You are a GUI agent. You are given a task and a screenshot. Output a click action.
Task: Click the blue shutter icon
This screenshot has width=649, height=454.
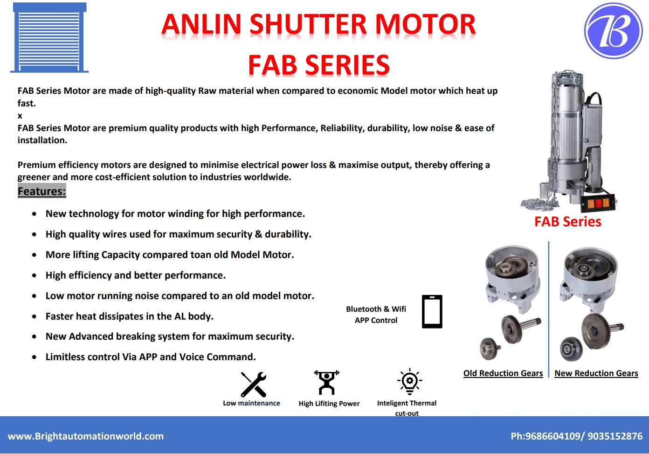click(x=49, y=38)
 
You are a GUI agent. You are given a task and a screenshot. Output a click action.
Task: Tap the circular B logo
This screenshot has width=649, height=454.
click(x=613, y=31)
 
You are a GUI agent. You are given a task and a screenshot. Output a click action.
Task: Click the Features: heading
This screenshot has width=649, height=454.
click(x=41, y=191)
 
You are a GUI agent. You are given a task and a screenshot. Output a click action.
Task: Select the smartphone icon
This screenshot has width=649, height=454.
click(x=432, y=311)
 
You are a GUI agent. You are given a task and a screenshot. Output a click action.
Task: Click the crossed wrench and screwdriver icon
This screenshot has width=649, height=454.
click(x=253, y=384)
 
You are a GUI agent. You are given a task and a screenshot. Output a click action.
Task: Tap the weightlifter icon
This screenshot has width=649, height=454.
click(x=326, y=383)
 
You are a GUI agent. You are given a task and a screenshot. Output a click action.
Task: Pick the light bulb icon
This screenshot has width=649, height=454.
click(x=409, y=382)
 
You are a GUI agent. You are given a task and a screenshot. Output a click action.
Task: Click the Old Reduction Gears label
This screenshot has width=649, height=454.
click(x=503, y=373)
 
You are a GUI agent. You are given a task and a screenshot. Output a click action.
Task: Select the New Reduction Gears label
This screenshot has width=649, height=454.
click(x=596, y=373)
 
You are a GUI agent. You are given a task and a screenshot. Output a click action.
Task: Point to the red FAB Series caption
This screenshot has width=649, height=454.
click(x=567, y=222)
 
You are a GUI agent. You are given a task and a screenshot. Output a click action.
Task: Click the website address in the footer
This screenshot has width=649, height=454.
click(x=86, y=436)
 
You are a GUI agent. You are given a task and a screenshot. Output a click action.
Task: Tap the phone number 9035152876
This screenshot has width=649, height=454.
click(x=615, y=436)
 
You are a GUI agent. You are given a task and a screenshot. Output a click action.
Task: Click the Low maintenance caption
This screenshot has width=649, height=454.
click(x=251, y=403)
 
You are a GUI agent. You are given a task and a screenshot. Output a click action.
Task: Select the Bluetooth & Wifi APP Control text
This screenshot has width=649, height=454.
click(x=376, y=314)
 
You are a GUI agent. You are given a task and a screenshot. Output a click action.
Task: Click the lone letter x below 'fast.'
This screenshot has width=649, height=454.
click(x=20, y=116)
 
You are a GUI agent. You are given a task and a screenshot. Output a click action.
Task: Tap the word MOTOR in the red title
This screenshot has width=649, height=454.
click(x=426, y=24)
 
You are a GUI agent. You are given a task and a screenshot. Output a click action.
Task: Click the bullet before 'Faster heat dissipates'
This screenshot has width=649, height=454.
click(x=34, y=316)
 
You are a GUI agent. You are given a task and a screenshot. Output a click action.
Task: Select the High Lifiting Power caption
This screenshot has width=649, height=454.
click(x=329, y=403)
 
